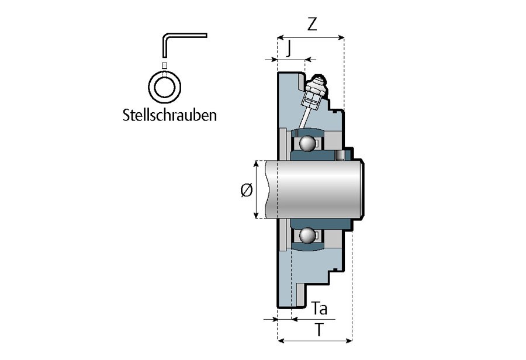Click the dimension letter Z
[312, 24]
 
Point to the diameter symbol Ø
[246, 190]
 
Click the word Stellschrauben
[170, 115]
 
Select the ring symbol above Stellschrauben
[164, 88]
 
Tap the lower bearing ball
[306, 236]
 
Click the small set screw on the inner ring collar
[341, 154]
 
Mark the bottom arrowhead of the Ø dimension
[256, 216]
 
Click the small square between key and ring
[164, 65]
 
